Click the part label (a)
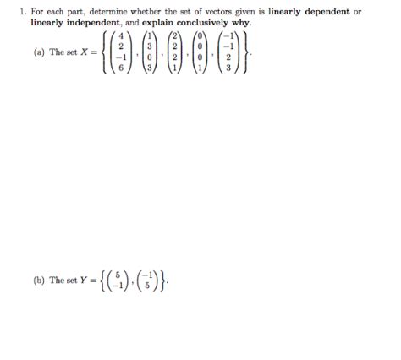40,52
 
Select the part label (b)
40,280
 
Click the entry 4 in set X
123,37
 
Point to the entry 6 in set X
123,68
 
